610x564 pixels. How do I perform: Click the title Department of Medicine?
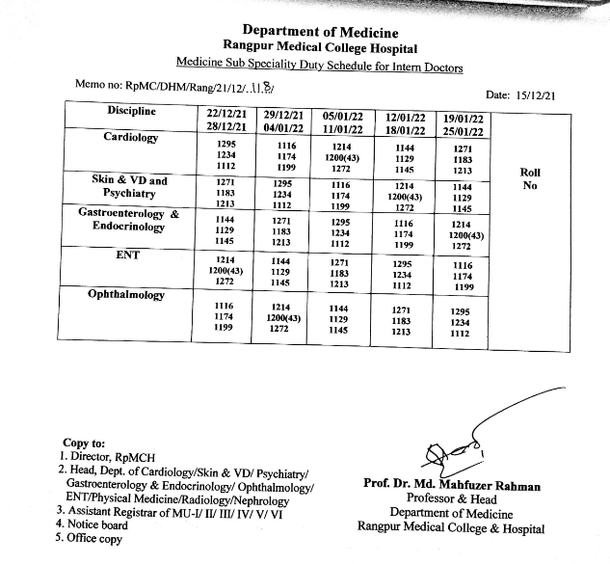click(319, 33)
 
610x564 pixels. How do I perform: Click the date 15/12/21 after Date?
click(544, 95)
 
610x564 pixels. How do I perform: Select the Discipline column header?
click(132, 111)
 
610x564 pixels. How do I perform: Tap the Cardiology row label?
click(131, 137)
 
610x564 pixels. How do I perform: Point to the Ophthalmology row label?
click(125, 293)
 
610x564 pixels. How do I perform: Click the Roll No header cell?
click(529, 179)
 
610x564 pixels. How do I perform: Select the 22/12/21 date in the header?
click(227, 115)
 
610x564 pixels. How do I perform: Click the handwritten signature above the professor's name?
click(453, 452)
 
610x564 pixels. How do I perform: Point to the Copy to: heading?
click(84, 443)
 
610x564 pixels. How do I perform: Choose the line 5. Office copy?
click(89, 539)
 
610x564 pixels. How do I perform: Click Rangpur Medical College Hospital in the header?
click(320, 48)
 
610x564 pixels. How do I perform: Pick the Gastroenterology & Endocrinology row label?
click(128, 219)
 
